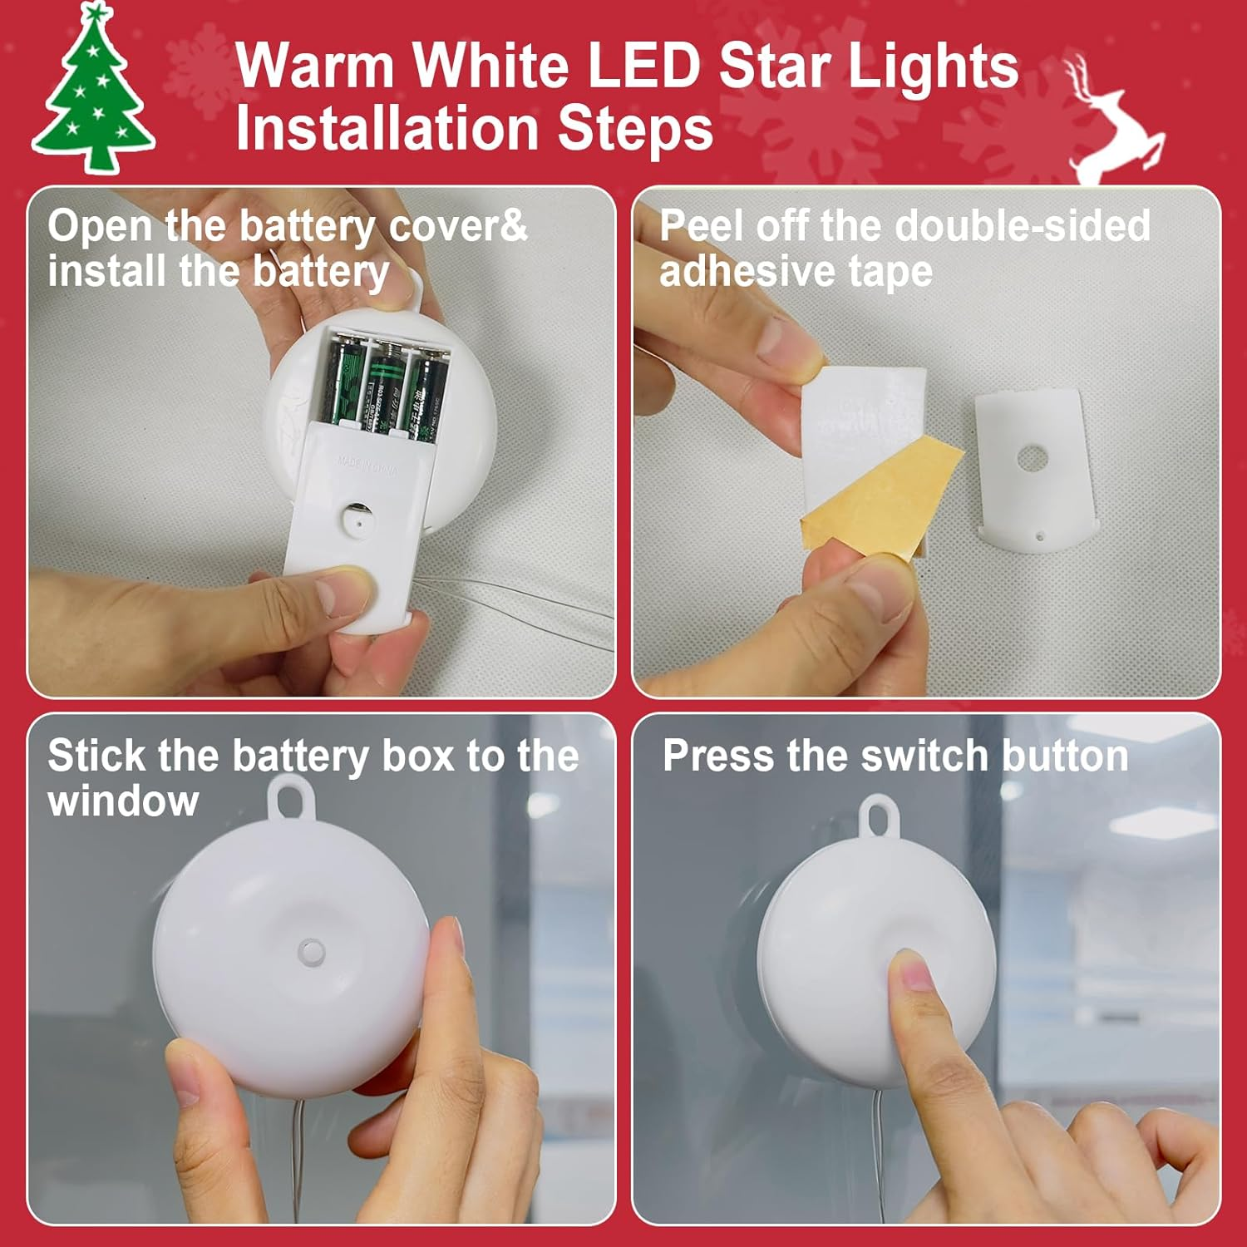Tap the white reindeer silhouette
pyautogui.click(x=1114, y=125)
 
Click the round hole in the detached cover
pyautogui.click(x=1032, y=458)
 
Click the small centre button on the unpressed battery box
pyautogui.click(x=312, y=949)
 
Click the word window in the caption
pyautogui.click(x=123, y=801)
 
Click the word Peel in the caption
pyautogui.click(x=700, y=226)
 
